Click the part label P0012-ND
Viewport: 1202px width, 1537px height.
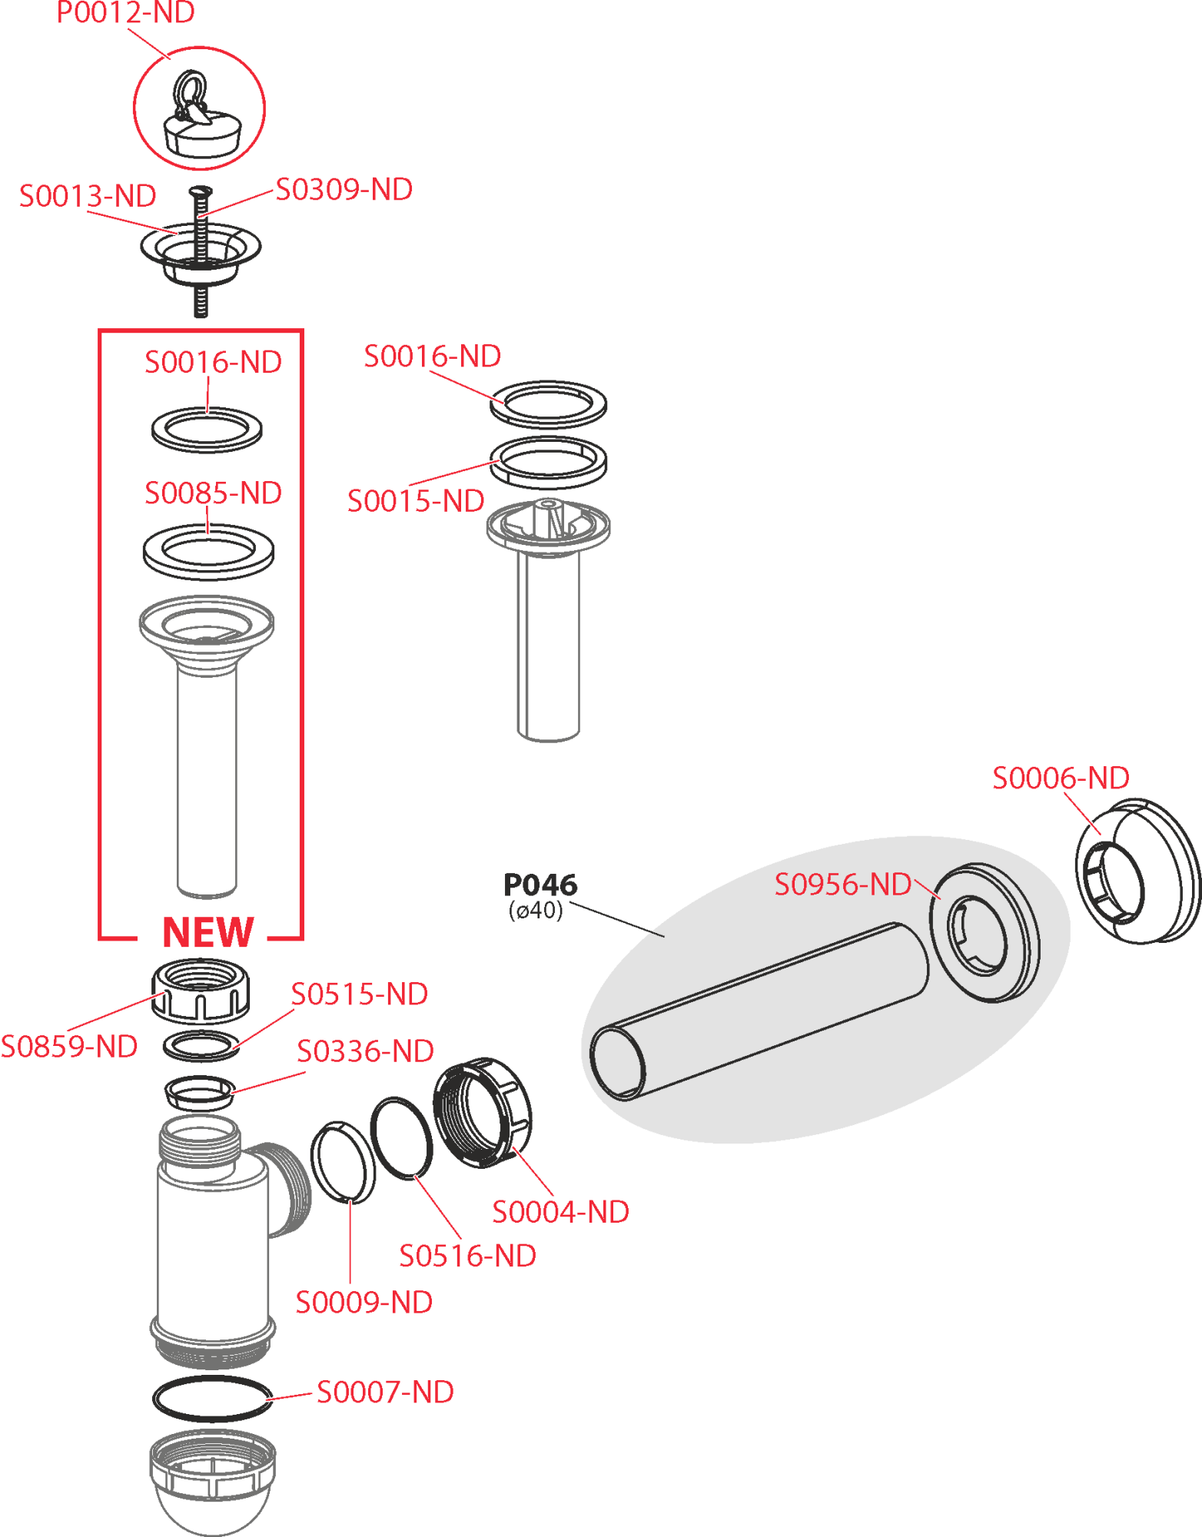pyautogui.click(x=125, y=13)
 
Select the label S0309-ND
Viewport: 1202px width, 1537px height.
pyautogui.click(x=344, y=190)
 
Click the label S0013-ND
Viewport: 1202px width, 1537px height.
pyautogui.click(x=88, y=196)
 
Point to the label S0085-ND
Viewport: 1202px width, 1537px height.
pyautogui.click(x=213, y=493)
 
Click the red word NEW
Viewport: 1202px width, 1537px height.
pyautogui.click(x=208, y=934)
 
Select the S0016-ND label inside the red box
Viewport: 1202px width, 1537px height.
pyautogui.click(x=213, y=363)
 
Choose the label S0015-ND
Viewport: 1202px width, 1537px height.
pyautogui.click(x=416, y=501)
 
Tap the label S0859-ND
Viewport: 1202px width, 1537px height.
pyautogui.click(x=69, y=1047)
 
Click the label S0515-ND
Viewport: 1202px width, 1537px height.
pyautogui.click(x=359, y=994)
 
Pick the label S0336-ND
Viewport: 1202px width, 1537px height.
pyautogui.click(x=365, y=1051)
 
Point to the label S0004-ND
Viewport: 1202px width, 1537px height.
pyautogui.click(x=560, y=1213)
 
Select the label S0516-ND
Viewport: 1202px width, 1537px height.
pyautogui.click(x=467, y=1256)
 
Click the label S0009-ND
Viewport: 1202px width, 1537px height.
pyautogui.click(x=364, y=1303)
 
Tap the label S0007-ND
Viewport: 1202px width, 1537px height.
pyautogui.click(x=385, y=1393)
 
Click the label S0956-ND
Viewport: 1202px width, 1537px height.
pyautogui.click(x=842, y=885)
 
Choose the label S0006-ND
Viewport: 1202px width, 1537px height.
pyautogui.click(x=1061, y=778)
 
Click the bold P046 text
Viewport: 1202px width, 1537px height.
pyautogui.click(x=540, y=885)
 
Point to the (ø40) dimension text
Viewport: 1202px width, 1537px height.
pyautogui.click(x=536, y=911)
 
